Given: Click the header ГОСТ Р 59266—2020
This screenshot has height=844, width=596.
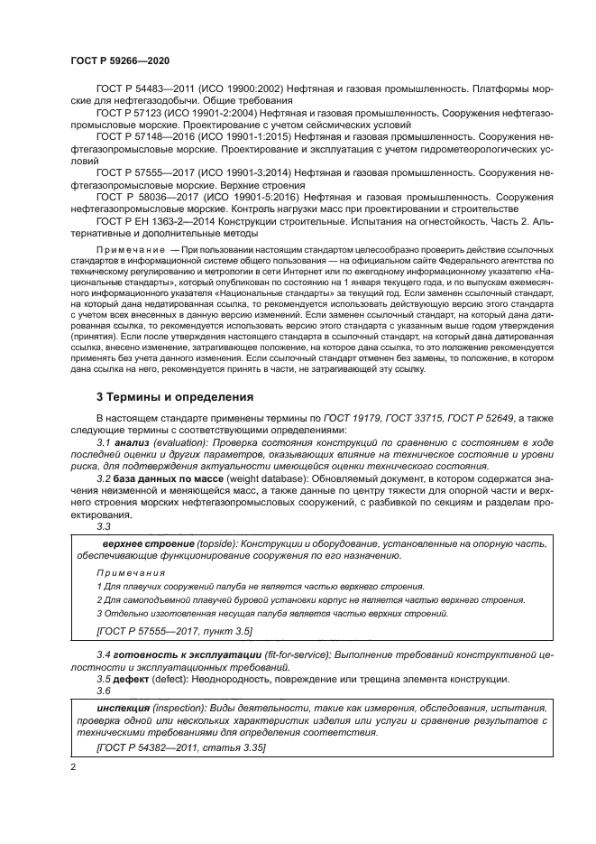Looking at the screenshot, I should [119, 60].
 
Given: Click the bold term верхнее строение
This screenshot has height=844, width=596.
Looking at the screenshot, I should [147, 544].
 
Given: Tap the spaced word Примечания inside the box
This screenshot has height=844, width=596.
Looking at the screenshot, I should [131, 572].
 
